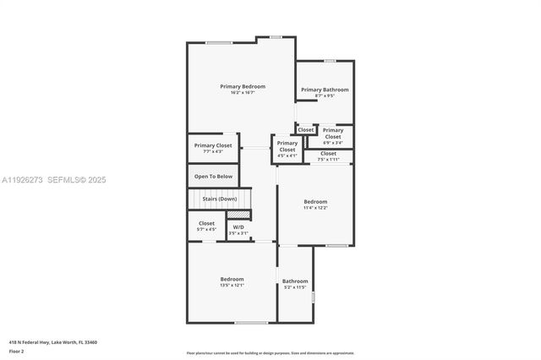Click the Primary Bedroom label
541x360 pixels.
pyautogui.click(x=243, y=86)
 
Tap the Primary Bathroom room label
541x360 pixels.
pyautogui.click(x=325, y=90)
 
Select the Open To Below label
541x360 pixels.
pyautogui.click(x=213, y=177)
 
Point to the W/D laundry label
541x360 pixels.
pyautogui.click(x=238, y=226)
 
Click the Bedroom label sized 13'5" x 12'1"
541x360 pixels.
pyautogui.click(x=232, y=279)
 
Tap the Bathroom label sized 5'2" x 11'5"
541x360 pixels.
pyautogui.click(x=295, y=281)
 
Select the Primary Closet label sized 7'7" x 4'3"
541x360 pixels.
pyautogui.click(x=212, y=145)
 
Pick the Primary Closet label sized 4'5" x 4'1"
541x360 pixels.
pyautogui.click(x=287, y=146)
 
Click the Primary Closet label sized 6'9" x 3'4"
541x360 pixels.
pyautogui.click(x=333, y=133)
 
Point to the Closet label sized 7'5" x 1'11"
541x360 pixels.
pyautogui.click(x=328, y=153)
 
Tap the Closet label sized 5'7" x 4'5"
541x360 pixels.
pyautogui.click(x=206, y=223)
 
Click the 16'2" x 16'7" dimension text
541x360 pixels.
pyautogui.click(x=243, y=93)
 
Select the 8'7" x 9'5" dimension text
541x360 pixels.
pyautogui.click(x=325, y=96)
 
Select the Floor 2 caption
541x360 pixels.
pyautogui.click(x=16, y=351)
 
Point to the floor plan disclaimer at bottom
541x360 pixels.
pyautogui.click(x=270, y=353)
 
